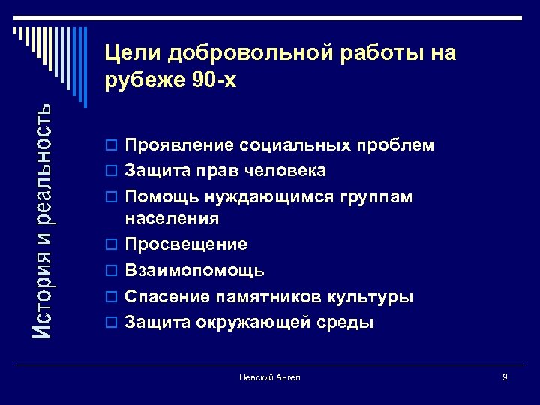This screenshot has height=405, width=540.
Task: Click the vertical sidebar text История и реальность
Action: click(44, 219)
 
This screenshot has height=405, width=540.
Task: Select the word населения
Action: click(172, 219)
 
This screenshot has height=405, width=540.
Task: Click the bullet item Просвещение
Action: click(186, 244)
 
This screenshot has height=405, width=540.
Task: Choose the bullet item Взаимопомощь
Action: click(194, 270)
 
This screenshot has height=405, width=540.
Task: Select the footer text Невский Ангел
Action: click(270, 377)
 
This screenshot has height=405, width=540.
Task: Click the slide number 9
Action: click(505, 377)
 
